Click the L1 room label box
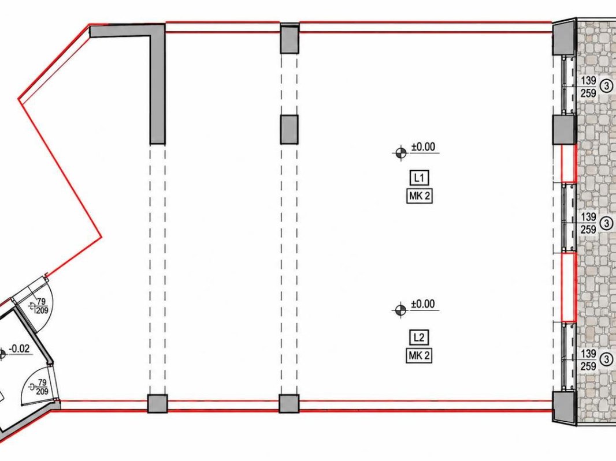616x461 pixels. [419, 178]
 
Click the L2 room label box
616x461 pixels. [419, 338]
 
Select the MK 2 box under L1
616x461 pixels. [419, 196]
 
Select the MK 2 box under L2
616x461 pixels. [419, 356]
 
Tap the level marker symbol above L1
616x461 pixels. [400, 153]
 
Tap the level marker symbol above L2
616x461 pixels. [400, 310]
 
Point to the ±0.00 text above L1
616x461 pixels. [423, 147]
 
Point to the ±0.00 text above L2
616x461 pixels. [423, 304]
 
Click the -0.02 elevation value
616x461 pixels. [19, 348]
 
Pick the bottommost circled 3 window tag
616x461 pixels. [607, 359]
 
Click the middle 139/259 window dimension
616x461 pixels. [588, 223]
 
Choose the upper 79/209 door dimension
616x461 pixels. [42, 306]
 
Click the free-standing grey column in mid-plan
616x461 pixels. [289, 129]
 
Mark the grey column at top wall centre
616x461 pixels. [290, 38]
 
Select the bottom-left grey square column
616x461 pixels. [158, 403]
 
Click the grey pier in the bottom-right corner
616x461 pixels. [565, 406]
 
